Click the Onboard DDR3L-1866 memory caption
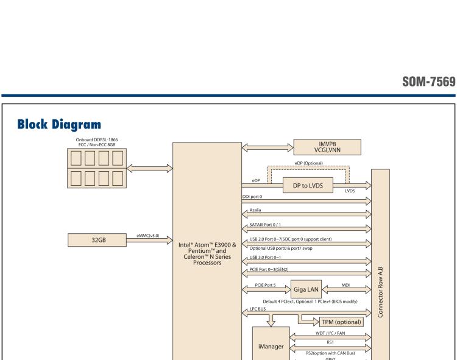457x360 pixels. point(97,141)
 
